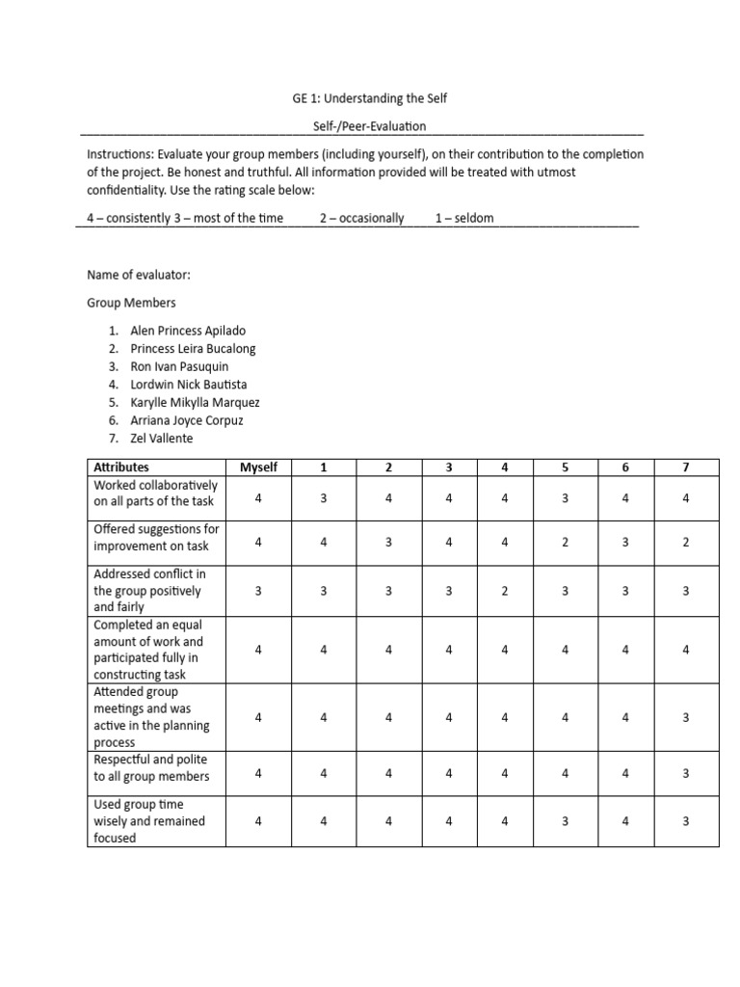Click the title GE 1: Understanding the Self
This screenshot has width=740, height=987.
pos(370,98)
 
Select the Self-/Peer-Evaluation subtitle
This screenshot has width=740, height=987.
pos(370,126)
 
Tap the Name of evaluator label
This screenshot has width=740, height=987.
pos(139,276)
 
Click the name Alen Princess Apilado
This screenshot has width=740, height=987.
pos(187,331)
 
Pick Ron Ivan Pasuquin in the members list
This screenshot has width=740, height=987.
pos(179,366)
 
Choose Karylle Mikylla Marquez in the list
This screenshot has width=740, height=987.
pos(195,402)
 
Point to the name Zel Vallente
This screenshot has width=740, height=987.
pos(161,439)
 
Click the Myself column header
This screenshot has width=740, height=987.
pos(258,467)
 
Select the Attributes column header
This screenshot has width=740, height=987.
pos(121,467)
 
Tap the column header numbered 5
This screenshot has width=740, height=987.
pos(566,467)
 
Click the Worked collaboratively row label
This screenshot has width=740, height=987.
pos(155,493)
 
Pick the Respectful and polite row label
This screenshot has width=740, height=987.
pos(150,768)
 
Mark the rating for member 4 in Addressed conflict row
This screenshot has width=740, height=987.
pos(505,591)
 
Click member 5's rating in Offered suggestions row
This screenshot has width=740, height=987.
pos(566,543)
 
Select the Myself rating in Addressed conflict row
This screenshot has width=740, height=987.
pos(258,591)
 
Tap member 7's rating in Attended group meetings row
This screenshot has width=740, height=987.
pos(686,717)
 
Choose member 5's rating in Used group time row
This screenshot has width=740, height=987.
pos(566,821)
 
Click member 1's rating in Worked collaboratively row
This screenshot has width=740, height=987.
pos(324,498)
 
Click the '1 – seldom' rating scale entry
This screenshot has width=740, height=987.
pos(463,218)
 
